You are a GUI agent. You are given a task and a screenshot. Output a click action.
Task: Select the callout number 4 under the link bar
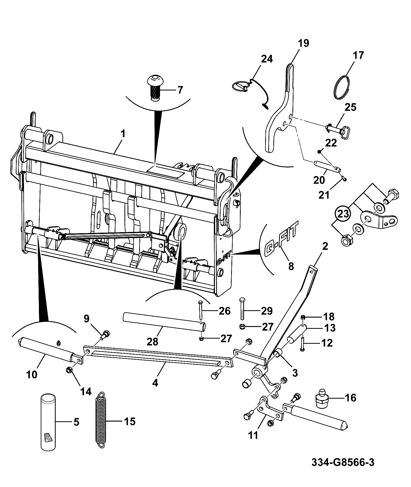pos(155,383)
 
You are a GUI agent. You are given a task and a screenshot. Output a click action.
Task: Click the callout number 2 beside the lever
pos(325,247)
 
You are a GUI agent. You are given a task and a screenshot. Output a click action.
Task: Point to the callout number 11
pos(253,435)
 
